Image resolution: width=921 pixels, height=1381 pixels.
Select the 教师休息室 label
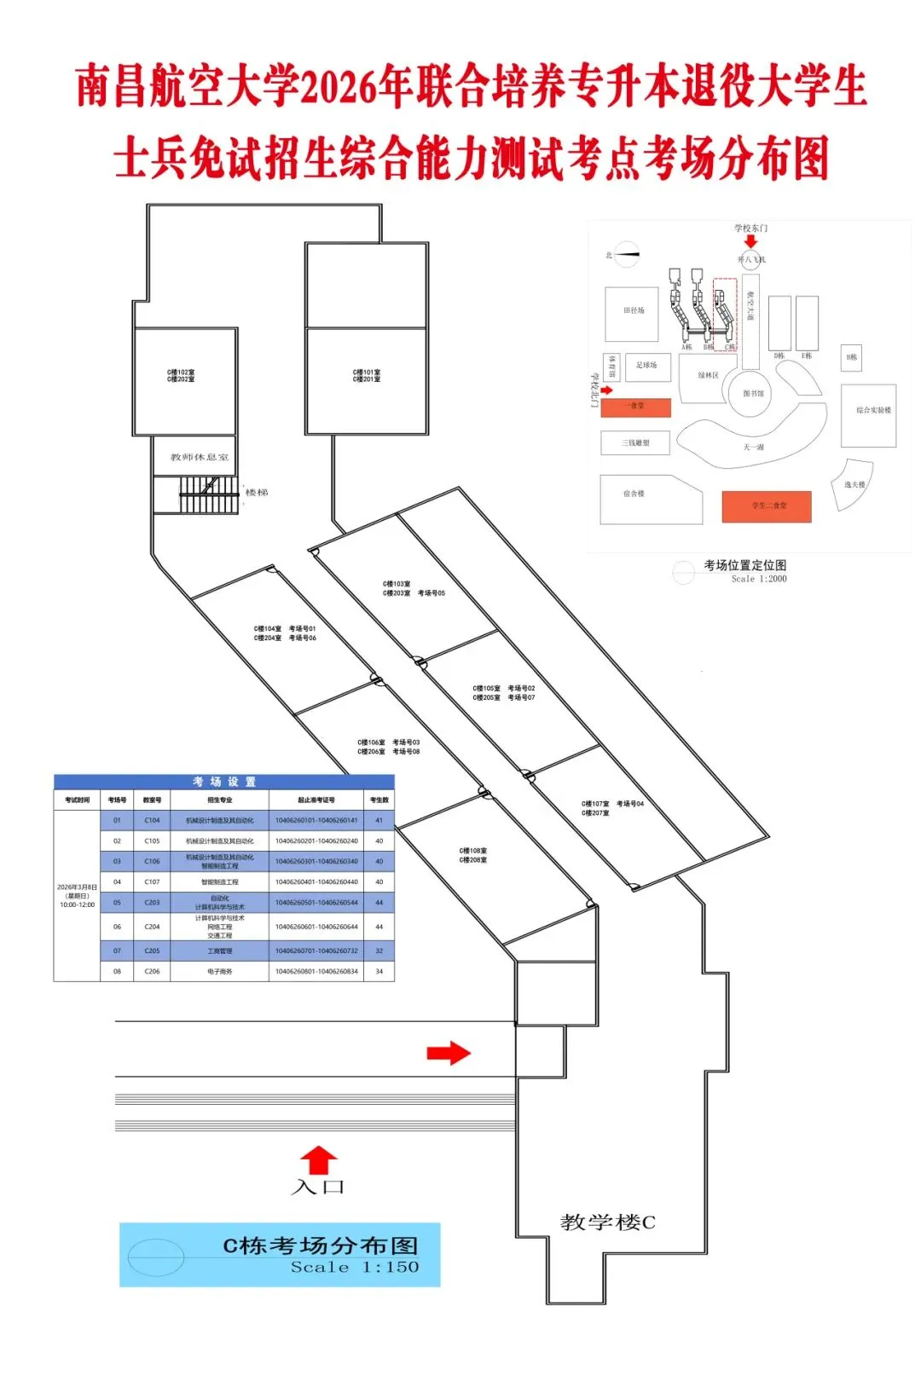(x=200, y=457)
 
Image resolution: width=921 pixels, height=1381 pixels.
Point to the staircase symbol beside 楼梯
(x=208, y=495)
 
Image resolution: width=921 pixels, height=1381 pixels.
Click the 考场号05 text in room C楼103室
(x=432, y=593)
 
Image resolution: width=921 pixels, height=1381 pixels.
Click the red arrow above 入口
(x=318, y=1159)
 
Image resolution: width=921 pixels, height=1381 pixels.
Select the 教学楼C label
(x=608, y=1222)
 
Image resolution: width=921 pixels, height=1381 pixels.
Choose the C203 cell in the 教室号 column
(x=152, y=903)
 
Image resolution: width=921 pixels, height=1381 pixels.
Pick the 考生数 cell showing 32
(x=379, y=951)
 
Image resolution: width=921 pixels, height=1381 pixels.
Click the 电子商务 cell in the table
(x=220, y=972)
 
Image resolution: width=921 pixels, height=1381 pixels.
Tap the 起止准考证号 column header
(x=316, y=800)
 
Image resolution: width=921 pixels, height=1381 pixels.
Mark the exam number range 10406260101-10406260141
(x=316, y=820)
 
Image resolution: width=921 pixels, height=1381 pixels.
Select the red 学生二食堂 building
(x=767, y=506)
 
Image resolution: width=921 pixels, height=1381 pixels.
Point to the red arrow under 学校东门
(x=750, y=241)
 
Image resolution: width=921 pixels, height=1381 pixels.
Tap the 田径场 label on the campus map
(x=634, y=311)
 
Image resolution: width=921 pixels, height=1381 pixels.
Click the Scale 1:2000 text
(x=759, y=579)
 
